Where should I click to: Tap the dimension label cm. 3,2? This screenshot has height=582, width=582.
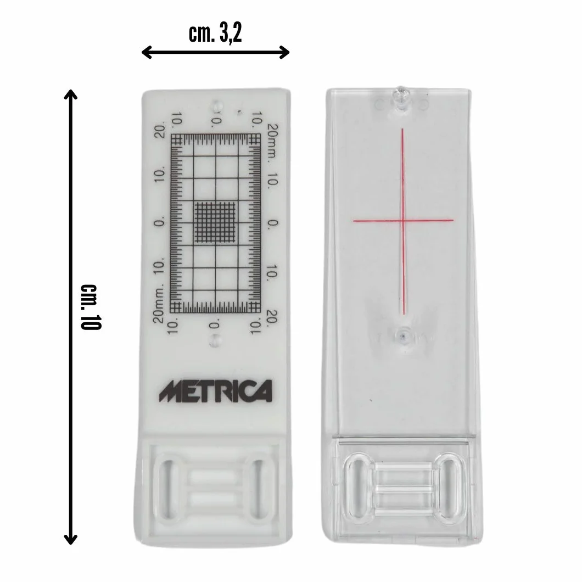click(x=215, y=34)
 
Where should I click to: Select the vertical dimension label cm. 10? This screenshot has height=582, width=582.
click(x=91, y=307)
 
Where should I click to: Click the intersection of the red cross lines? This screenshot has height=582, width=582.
click(x=402, y=221)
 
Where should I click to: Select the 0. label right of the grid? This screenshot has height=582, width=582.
click(x=273, y=223)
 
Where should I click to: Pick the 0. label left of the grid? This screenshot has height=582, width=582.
click(x=159, y=223)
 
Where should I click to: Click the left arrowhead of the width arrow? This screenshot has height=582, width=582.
click(x=146, y=52)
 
